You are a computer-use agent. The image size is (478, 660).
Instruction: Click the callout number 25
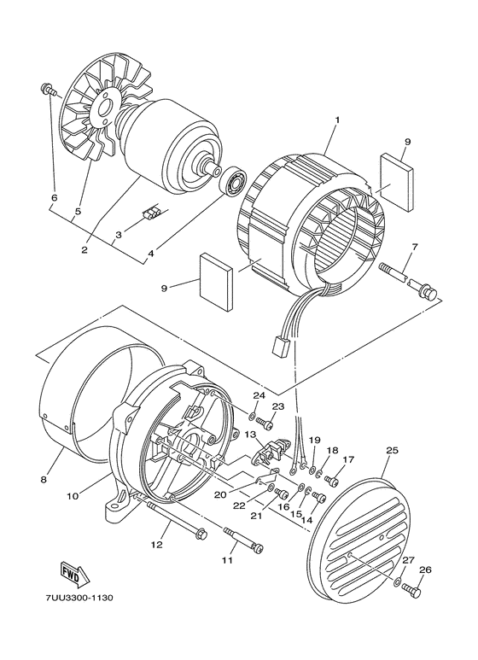click(x=392, y=451)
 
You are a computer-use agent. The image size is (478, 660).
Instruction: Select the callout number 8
click(x=44, y=481)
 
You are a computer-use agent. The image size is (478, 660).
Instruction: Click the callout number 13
click(x=251, y=435)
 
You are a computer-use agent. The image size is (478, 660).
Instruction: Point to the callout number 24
click(x=259, y=395)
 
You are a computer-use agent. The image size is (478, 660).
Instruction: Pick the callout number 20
click(x=219, y=494)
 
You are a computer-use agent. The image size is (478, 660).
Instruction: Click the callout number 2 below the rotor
click(x=85, y=250)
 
